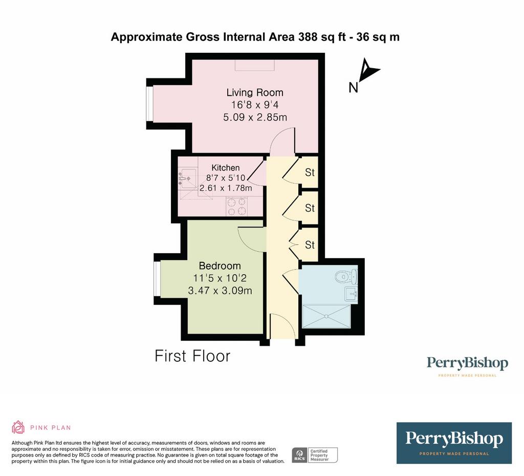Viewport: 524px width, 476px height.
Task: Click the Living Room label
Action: coord(255,92)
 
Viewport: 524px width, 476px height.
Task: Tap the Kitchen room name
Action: coord(226,168)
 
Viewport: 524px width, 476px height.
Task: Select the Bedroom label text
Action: coord(220,265)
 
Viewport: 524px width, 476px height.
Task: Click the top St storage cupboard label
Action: coord(310,172)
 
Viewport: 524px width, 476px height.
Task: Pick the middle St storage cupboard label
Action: coord(310,208)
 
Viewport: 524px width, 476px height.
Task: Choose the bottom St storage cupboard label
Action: coord(310,245)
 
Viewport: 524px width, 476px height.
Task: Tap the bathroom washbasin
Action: coord(352,295)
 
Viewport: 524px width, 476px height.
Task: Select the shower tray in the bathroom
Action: coord(326,316)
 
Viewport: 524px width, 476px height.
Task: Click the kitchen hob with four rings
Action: coord(236,206)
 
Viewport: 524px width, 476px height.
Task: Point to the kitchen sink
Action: coord(187,177)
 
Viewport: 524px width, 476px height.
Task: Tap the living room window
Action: coord(150,104)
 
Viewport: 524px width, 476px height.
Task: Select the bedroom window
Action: coord(157,279)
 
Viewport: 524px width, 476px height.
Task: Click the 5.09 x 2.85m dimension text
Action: coord(255,117)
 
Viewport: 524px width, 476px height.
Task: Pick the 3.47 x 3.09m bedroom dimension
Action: coord(220,291)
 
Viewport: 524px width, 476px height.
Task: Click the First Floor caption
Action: coord(192,356)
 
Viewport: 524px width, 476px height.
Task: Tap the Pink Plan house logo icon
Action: coord(18,427)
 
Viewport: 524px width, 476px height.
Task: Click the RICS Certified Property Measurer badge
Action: coord(315,456)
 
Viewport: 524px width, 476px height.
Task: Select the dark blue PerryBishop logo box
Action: coord(454,443)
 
